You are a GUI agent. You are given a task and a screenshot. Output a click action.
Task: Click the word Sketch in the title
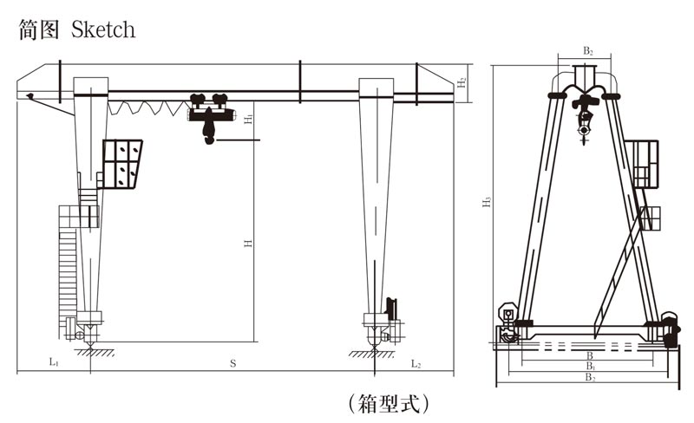click(103, 29)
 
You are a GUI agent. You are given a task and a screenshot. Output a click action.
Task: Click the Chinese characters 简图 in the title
click(38, 29)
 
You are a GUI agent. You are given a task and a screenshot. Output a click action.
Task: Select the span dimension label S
click(232, 363)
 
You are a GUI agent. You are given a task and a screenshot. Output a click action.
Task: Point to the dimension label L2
click(416, 362)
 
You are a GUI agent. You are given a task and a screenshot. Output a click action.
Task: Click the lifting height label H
click(248, 244)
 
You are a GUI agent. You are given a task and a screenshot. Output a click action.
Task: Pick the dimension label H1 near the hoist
click(248, 118)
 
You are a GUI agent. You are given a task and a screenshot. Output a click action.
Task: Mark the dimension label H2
click(462, 82)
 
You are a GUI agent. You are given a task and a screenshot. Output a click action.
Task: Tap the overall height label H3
click(488, 202)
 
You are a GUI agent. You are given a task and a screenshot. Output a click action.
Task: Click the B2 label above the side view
click(587, 52)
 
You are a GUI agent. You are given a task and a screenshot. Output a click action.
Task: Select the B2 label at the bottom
click(589, 378)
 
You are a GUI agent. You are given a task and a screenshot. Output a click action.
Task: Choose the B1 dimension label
click(589, 367)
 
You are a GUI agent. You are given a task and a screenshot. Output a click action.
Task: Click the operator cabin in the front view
click(122, 163)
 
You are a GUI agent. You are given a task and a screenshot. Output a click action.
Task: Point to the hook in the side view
click(586, 130)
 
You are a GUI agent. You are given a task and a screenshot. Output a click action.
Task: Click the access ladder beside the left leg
click(69, 260)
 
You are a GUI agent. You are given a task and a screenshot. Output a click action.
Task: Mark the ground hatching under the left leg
click(91, 353)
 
